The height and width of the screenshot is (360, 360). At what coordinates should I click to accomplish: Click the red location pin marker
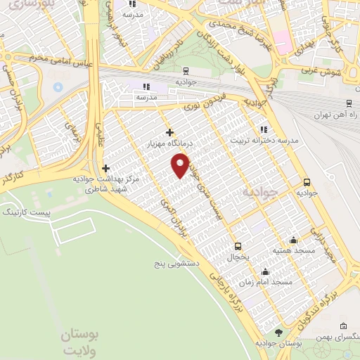(x=181, y=165)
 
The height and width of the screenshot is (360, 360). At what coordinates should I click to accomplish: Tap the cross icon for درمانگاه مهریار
(x=169, y=131)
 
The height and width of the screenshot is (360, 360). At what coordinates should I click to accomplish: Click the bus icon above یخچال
(x=238, y=246)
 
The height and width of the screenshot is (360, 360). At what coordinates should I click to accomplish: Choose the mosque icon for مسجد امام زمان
(x=265, y=272)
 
